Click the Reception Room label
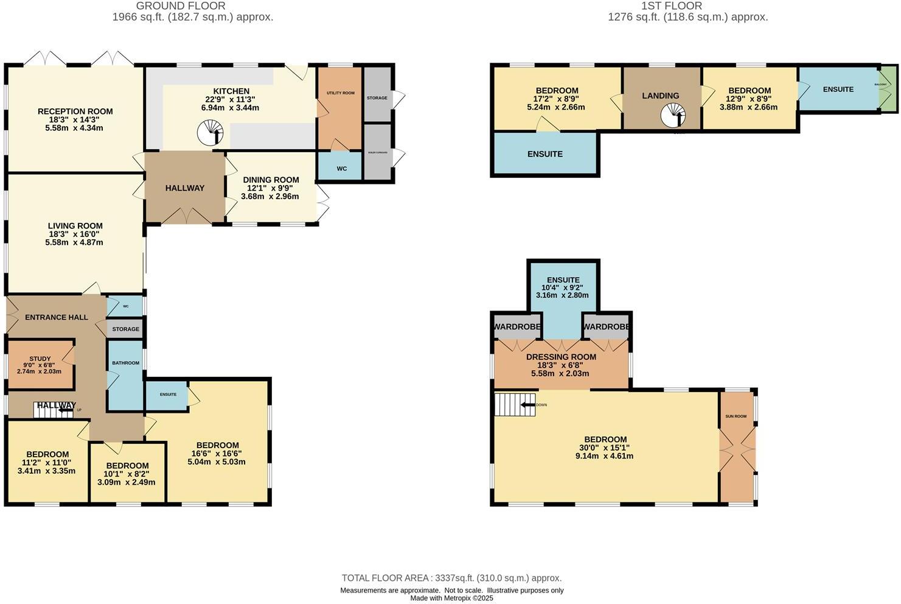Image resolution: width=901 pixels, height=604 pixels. tap(75, 111)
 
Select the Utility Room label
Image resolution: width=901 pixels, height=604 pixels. tap(340, 93)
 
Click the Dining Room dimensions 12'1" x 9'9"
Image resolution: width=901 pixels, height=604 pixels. tap(271, 188)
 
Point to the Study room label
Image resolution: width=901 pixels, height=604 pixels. tap(40, 359)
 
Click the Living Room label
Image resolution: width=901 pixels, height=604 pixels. tap(75, 226)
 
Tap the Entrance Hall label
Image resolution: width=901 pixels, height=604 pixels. tap(56, 317)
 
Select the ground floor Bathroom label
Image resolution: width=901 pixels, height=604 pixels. tap(125, 363)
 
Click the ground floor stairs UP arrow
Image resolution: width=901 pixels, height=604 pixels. tap(64, 410)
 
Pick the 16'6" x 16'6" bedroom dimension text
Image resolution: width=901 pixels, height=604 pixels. tap(217, 454)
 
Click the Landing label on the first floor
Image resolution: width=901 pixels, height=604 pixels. tap(660, 96)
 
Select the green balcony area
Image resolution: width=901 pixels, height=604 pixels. tap(888, 90)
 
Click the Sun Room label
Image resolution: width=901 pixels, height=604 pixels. tap(736, 416)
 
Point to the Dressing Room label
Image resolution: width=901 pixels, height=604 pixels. tap(561, 357)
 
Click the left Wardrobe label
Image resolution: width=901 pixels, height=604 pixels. tap(517, 327)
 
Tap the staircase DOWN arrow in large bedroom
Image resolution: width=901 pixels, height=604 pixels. tap(527, 405)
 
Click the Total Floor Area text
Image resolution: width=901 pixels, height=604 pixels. tap(451, 578)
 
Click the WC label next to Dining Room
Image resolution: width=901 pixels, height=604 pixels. tap(341, 168)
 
